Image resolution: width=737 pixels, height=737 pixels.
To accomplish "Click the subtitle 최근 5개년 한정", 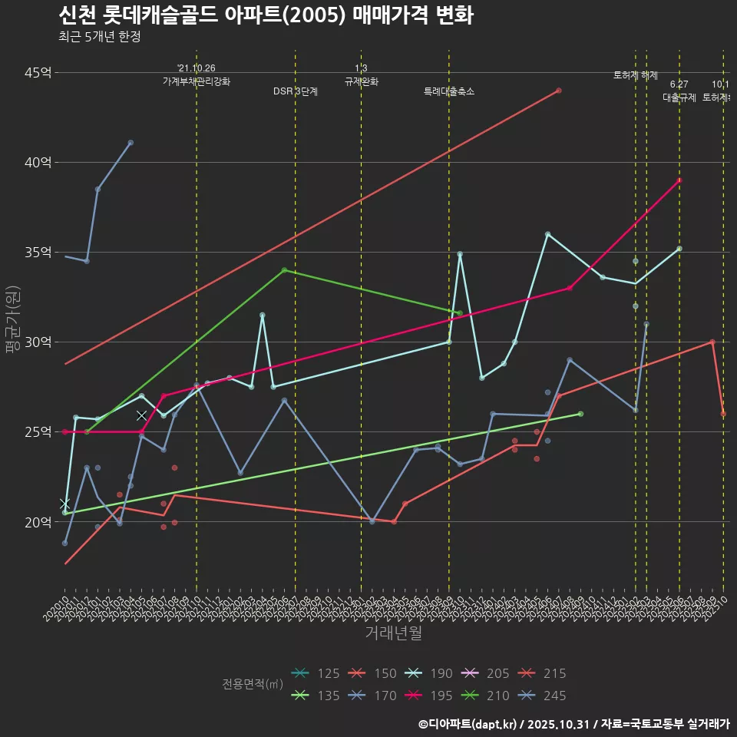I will click(x=99, y=37).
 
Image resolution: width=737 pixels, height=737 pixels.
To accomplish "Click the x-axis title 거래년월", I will click(x=393, y=633).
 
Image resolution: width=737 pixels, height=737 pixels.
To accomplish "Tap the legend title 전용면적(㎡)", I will click(x=253, y=684).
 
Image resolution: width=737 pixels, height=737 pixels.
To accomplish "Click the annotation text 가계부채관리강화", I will click(x=197, y=81).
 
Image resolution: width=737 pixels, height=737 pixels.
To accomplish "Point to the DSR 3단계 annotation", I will click(x=296, y=91).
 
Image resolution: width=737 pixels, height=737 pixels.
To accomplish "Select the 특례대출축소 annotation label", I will click(x=449, y=91).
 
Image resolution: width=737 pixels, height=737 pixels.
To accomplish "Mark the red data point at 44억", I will click(x=559, y=91).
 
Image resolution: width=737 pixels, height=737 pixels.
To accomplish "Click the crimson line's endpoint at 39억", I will click(x=679, y=180).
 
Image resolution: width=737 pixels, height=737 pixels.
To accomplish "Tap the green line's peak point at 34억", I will click(x=284, y=270).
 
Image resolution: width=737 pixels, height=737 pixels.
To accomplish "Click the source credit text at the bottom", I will click(x=573, y=724).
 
